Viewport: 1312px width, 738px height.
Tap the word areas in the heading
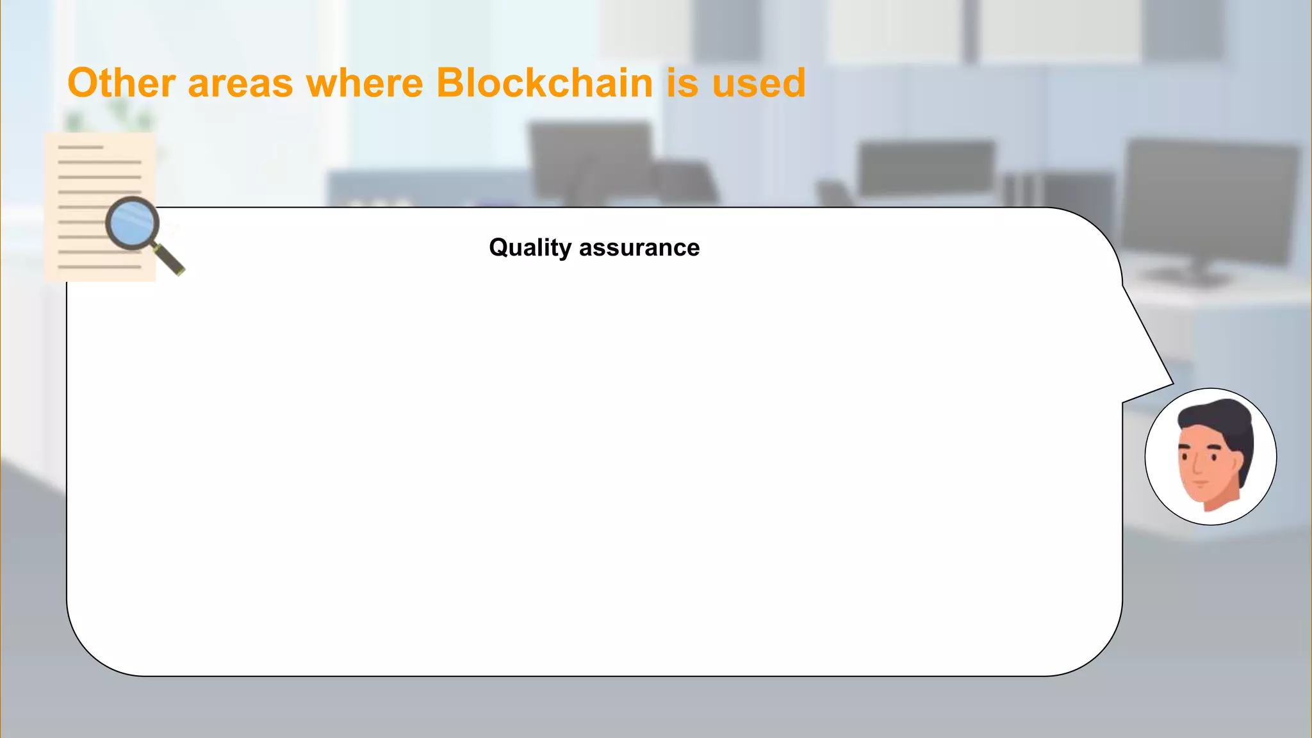240,85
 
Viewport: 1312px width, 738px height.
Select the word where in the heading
365,85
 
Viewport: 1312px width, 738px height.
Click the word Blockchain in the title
545,83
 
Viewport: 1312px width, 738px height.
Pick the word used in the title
758,85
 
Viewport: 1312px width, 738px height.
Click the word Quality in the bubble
530,248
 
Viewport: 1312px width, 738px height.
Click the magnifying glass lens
133,224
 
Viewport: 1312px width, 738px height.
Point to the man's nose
1197,468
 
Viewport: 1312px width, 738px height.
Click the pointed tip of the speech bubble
1172,384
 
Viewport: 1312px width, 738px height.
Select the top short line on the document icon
81,147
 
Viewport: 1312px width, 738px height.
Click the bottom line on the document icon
99,266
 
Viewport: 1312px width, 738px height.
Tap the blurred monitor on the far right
1211,199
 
